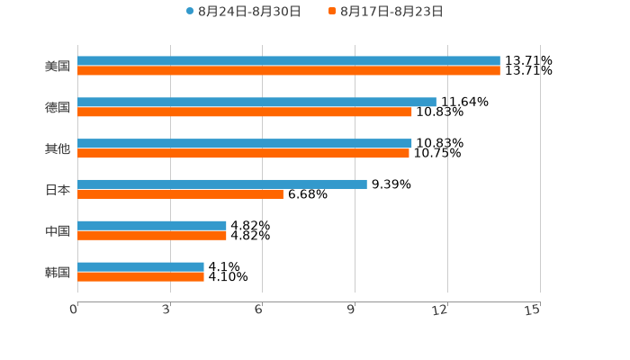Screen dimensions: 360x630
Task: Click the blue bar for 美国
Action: click(x=288, y=61)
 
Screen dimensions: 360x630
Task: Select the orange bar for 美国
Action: click(x=288, y=71)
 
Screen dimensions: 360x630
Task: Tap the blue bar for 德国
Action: click(x=256, y=103)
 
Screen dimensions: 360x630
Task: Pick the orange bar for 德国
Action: click(x=245, y=112)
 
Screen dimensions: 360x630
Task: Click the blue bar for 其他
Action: click(x=245, y=143)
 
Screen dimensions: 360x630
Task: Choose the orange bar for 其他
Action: click(x=243, y=154)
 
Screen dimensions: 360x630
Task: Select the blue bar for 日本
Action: click(x=222, y=184)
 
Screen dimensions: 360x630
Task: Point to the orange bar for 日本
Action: click(x=180, y=193)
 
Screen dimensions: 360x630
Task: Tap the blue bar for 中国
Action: click(x=152, y=225)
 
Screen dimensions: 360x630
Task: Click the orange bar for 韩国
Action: click(x=140, y=276)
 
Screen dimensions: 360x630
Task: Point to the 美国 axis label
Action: click(x=58, y=67)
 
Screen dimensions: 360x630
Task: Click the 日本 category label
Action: click(x=58, y=190)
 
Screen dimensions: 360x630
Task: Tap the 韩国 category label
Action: click(x=58, y=272)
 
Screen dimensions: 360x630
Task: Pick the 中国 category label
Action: click(x=58, y=231)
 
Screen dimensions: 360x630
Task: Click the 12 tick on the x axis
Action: click(x=440, y=310)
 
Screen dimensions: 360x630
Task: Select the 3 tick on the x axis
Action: click(x=166, y=310)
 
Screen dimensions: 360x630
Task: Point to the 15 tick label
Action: click(x=532, y=310)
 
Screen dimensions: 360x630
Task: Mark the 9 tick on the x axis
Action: click(x=351, y=310)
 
